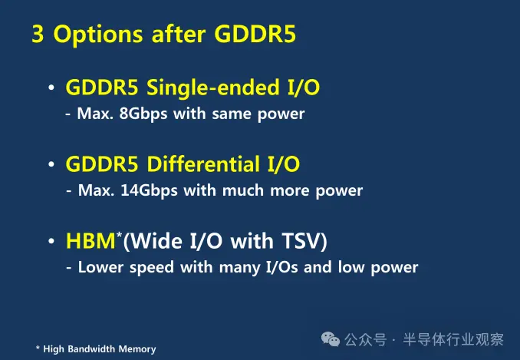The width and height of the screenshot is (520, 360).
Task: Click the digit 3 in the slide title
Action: [x=38, y=34]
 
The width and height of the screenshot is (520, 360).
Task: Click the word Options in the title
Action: [x=98, y=35]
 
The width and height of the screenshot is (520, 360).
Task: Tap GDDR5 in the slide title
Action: [x=255, y=34]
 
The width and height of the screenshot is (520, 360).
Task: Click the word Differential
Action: [x=203, y=164]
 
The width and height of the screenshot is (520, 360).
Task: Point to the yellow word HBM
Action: [x=91, y=241]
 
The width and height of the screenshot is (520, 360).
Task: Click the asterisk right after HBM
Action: [x=120, y=235]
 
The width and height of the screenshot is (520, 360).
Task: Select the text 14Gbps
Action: [x=149, y=191]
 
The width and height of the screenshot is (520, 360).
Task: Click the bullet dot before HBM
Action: [x=51, y=241]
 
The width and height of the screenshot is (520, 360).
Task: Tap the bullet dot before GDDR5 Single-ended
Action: [x=51, y=88]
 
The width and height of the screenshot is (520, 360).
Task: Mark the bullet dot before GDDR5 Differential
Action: [x=51, y=164]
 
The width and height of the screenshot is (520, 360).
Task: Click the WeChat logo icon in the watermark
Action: [x=331, y=339]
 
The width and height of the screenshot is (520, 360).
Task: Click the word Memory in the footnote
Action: [x=137, y=350]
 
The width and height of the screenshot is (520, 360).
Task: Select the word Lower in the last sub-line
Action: [x=100, y=267]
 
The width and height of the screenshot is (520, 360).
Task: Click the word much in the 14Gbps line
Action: [x=243, y=190]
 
